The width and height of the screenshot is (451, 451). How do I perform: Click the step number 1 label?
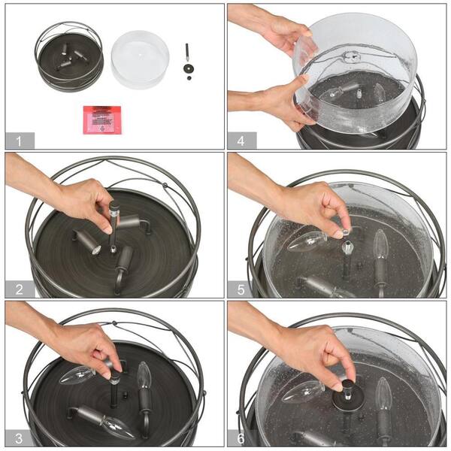(19, 141)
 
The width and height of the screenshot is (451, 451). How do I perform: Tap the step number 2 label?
(20, 289)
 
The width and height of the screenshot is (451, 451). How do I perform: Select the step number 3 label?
(19, 438)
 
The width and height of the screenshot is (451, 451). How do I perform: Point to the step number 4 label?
(241, 141)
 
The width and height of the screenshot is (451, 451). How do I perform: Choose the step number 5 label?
(241, 289)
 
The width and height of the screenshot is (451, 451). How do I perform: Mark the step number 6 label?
(241, 438)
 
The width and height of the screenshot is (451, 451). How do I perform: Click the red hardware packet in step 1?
(102, 120)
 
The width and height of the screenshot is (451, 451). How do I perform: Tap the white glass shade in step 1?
(140, 59)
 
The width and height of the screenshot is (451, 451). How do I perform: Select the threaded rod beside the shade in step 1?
(187, 52)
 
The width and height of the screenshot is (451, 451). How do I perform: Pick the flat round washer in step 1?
(188, 68)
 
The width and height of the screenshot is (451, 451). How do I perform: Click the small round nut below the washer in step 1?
(189, 78)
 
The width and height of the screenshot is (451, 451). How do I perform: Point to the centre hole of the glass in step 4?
(353, 56)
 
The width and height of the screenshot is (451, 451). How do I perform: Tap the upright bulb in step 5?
(380, 244)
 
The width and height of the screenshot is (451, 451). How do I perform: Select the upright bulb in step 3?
(144, 374)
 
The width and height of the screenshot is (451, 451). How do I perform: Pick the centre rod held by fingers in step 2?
(114, 227)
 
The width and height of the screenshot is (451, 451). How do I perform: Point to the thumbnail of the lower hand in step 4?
(304, 77)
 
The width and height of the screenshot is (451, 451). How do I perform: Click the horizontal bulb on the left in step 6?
(303, 391)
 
